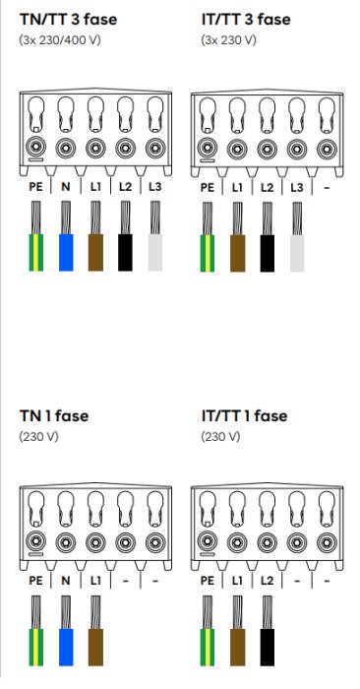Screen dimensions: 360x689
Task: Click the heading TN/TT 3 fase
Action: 68,20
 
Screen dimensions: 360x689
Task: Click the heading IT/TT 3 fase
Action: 246,20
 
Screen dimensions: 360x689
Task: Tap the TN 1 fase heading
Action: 53,415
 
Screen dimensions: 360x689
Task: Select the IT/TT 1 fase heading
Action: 244,415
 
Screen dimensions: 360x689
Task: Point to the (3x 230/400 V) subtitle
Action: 60,40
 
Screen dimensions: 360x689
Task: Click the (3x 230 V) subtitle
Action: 228,40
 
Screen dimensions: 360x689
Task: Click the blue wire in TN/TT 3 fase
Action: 66,236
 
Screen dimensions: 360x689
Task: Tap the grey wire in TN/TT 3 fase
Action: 155,236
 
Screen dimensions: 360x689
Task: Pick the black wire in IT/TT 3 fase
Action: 267,237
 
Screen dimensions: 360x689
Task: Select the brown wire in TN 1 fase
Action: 95,631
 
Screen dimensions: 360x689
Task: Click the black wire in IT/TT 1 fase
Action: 267,631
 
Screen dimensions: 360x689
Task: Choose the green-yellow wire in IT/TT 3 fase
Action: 208,237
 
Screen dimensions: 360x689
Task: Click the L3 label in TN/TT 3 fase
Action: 155,187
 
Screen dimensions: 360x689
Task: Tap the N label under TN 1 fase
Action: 66,581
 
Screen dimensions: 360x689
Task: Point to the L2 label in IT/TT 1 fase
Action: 267,581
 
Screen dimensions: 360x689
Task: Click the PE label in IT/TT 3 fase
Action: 208,188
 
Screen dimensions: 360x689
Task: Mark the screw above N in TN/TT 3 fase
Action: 66,149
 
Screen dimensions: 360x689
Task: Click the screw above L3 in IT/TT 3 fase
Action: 297,150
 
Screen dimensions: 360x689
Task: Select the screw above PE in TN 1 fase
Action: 35,541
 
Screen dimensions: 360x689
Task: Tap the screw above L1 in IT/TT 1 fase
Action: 237,542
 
